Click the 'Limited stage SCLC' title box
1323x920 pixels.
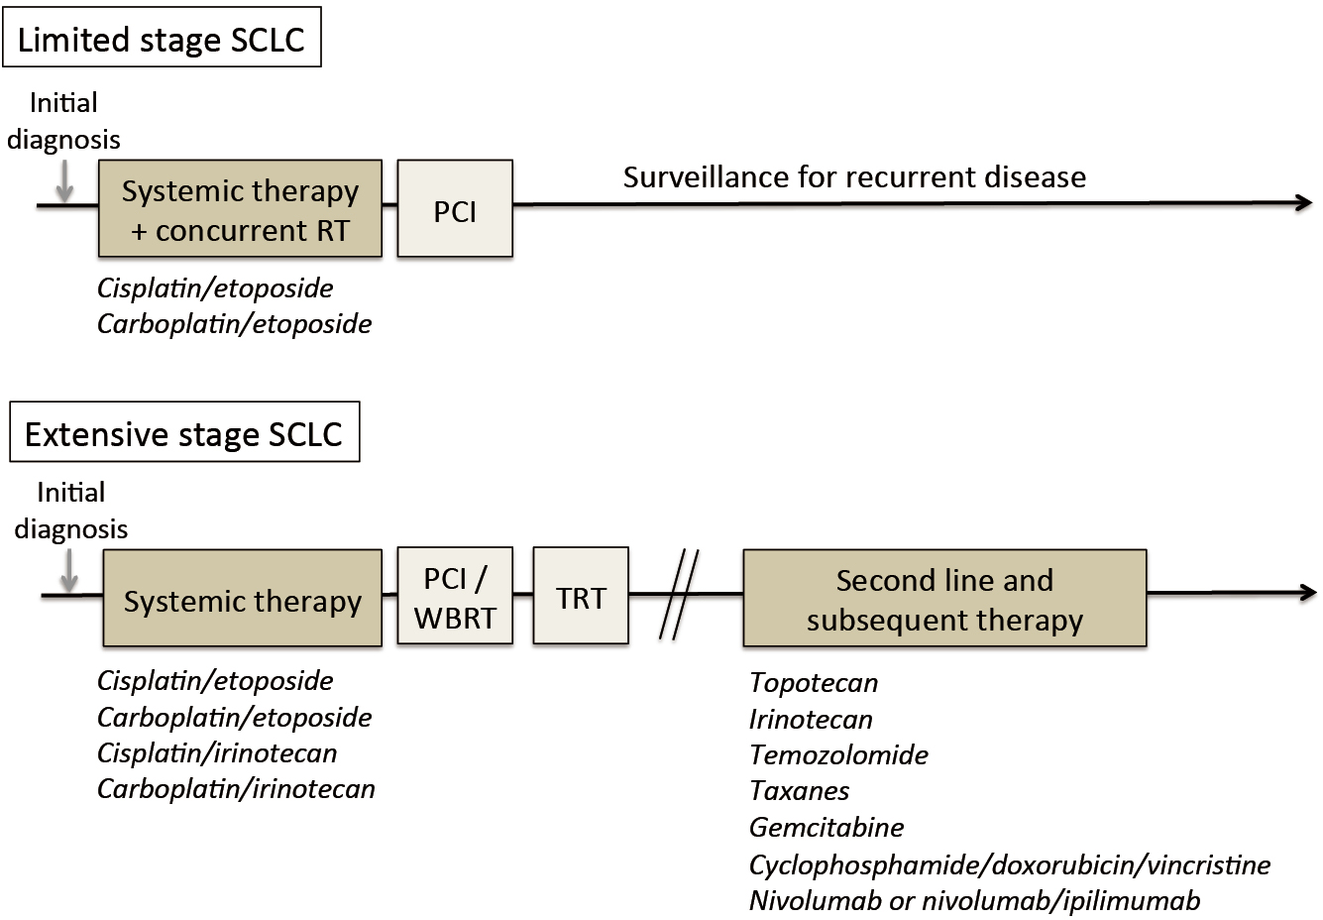tap(162, 38)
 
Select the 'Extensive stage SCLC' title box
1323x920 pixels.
tap(184, 432)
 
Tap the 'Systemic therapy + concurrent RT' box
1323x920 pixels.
tap(240, 208)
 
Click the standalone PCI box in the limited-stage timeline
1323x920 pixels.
tap(455, 208)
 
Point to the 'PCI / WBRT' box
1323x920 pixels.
tap(455, 596)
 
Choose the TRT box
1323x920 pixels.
tap(581, 596)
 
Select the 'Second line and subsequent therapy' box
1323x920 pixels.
tap(944, 598)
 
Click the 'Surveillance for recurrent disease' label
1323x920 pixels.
tap(854, 177)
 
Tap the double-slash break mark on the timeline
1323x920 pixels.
tap(679, 595)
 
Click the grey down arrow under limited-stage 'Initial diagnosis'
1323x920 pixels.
tap(64, 180)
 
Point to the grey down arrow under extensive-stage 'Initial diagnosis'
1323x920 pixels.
tap(69, 570)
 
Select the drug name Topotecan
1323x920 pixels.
tap(814, 683)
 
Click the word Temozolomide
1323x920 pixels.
tap(838, 755)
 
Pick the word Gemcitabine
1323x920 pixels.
tap(827, 827)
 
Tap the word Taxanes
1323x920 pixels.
tap(799, 791)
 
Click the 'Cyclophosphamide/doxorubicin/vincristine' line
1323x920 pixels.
tap(1010, 865)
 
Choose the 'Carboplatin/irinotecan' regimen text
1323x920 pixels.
tap(236, 789)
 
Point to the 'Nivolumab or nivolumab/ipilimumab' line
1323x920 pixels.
tap(974, 901)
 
